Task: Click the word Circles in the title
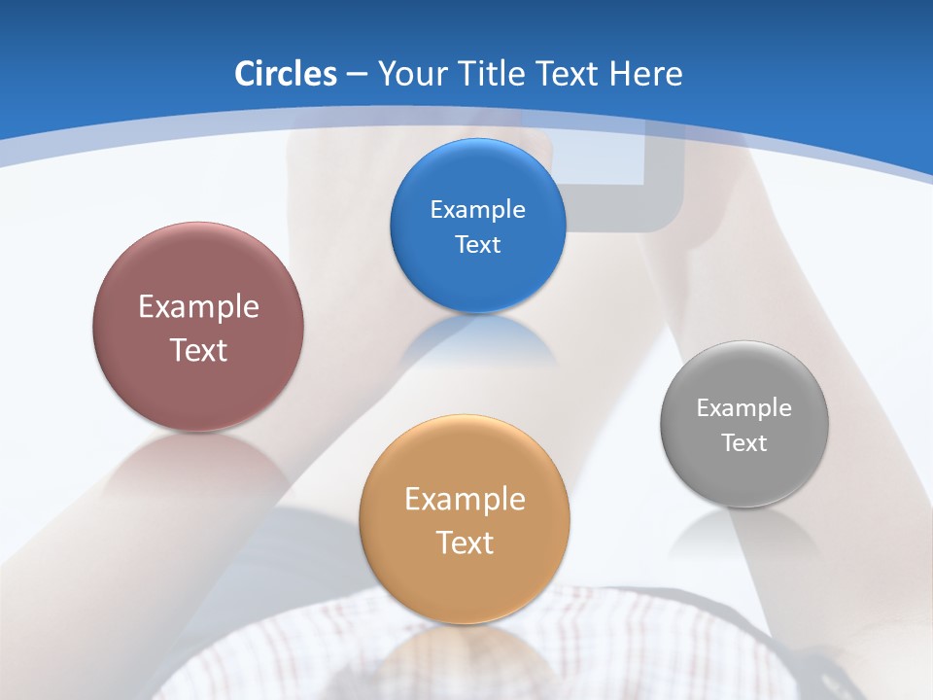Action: [285, 74]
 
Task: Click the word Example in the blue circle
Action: [477, 209]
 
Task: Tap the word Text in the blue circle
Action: [477, 244]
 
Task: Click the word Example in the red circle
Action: [198, 306]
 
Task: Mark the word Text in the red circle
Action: [198, 350]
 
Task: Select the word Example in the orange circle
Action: [465, 499]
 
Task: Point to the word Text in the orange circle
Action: [465, 542]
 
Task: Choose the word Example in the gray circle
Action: [744, 407]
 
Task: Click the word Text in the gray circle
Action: [744, 443]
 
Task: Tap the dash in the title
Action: [356, 75]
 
